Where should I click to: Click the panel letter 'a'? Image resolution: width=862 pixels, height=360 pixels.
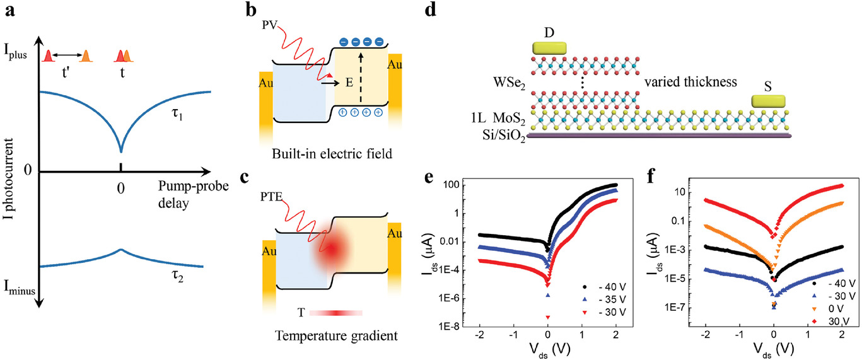[10, 10]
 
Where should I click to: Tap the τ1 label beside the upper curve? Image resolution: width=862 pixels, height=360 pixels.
[177, 114]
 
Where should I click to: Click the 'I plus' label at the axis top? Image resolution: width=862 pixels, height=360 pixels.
[16, 52]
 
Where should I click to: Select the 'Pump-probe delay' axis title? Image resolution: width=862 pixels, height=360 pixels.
[193, 195]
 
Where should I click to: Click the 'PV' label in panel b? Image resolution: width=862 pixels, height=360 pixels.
[270, 25]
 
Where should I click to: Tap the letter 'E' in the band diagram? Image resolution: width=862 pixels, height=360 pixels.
[349, 83]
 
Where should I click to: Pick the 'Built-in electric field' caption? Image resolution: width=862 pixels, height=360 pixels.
[332, 154]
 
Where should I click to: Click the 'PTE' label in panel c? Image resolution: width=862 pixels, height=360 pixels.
[271, 197]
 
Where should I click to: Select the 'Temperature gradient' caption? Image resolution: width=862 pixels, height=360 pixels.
[336, 336]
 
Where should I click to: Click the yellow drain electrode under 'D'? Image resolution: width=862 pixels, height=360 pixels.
[549, 48]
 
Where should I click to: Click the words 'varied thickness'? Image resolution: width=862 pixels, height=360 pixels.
[690, 82]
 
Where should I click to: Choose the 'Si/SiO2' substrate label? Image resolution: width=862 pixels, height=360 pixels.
[504, 136]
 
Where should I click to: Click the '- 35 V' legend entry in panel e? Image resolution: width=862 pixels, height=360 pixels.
[605, 299]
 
